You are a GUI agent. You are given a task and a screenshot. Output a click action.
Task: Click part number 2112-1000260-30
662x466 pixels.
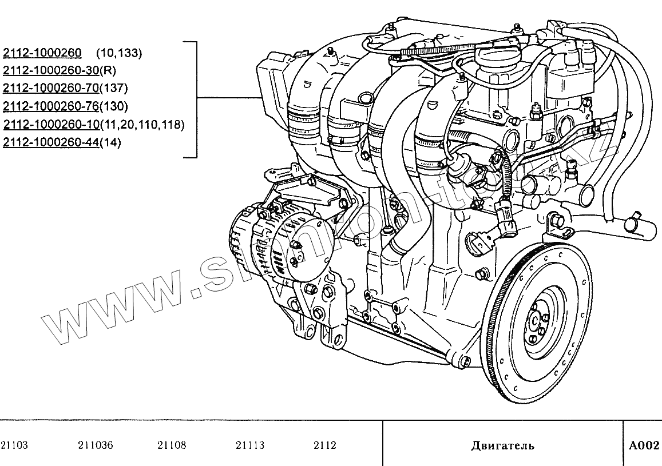point(51,71)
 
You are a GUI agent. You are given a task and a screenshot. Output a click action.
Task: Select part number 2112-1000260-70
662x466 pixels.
point(51,89)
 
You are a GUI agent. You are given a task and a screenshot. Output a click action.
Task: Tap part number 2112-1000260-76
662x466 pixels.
point(51,106)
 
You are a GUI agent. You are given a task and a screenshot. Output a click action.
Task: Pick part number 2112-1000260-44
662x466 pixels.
point(51,142)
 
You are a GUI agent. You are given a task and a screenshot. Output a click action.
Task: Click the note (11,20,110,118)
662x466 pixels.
point(142,125)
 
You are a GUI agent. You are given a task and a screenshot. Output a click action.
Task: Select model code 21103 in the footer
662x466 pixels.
point(14,445)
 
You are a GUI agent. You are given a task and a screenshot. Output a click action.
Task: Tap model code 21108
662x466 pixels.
point(171,445)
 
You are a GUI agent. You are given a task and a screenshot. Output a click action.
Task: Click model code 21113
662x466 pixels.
point(250,445)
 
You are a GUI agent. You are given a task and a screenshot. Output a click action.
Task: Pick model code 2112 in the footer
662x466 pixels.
point(325,445)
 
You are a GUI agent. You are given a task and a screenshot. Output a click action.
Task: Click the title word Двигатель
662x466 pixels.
point(503,445)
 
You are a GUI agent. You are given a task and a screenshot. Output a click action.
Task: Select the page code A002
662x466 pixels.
point(644,445)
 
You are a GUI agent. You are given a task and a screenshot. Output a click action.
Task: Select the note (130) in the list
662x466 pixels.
point(113,106)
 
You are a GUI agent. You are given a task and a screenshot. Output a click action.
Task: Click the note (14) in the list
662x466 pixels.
point(110,142)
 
